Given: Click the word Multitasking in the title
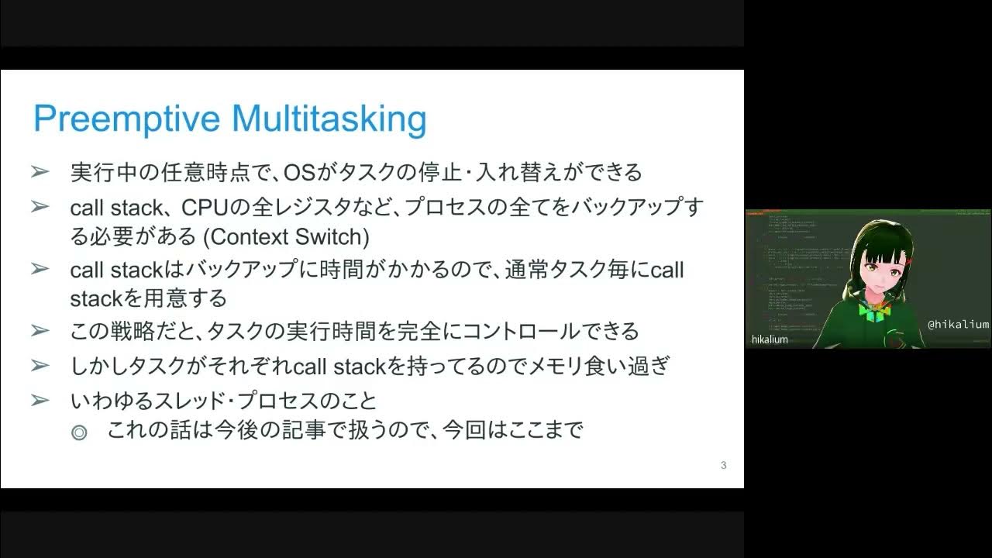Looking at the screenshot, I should tap(329, 120).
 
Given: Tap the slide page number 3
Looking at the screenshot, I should tap(723, 465).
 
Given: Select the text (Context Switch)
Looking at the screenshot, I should tap(290, 236).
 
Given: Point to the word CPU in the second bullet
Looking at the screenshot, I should tap(202, 208).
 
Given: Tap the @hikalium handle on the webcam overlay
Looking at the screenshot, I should tap(958, 325).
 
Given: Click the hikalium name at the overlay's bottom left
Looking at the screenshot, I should tap(770, 339).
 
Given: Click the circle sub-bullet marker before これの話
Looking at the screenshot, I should tap(79, 432).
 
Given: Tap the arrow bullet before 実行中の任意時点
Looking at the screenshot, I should tap(40, 172).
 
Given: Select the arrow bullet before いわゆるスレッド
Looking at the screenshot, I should tap(40, 401).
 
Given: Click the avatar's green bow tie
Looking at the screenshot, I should tap(875, 312).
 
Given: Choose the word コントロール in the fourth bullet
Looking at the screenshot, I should tap(511, 332).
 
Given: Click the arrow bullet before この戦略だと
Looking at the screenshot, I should tap(40, 332).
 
